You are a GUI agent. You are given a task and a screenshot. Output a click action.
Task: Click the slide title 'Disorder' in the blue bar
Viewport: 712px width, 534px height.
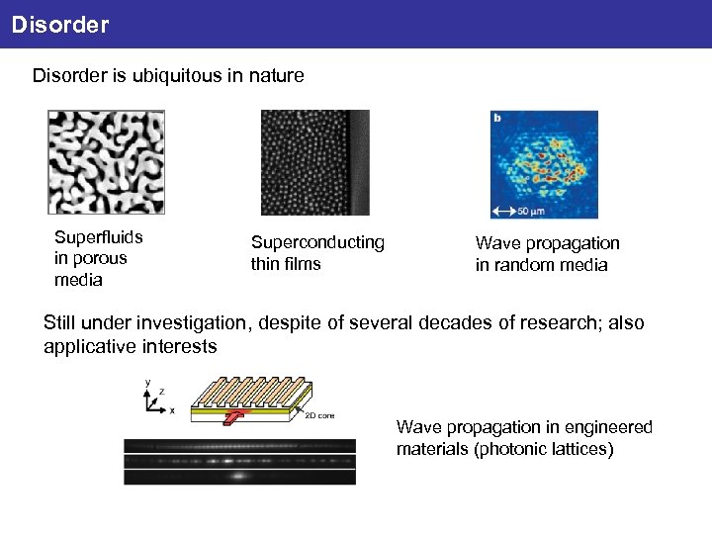[59, 24]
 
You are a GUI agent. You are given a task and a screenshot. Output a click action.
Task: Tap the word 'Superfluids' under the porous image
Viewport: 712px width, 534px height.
[99, 237]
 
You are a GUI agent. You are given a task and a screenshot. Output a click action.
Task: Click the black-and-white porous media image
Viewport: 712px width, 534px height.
[107, 162]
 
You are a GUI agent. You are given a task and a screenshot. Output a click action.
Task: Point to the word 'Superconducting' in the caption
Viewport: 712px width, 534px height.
[317, 242]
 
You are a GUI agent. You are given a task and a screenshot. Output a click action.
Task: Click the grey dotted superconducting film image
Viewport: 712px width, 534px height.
[314, 162]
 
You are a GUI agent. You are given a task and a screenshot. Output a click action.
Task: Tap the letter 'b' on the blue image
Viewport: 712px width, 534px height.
[496, 118]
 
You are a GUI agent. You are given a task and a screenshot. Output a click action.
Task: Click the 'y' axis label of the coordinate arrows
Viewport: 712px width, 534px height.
[148, 381]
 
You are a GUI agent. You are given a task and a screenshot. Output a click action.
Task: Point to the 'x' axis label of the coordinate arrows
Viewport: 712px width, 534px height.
[172, 408]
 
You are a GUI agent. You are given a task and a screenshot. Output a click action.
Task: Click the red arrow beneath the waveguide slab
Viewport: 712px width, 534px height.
[230, 418]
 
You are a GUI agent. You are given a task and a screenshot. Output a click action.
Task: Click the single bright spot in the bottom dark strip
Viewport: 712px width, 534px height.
[238, 476]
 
